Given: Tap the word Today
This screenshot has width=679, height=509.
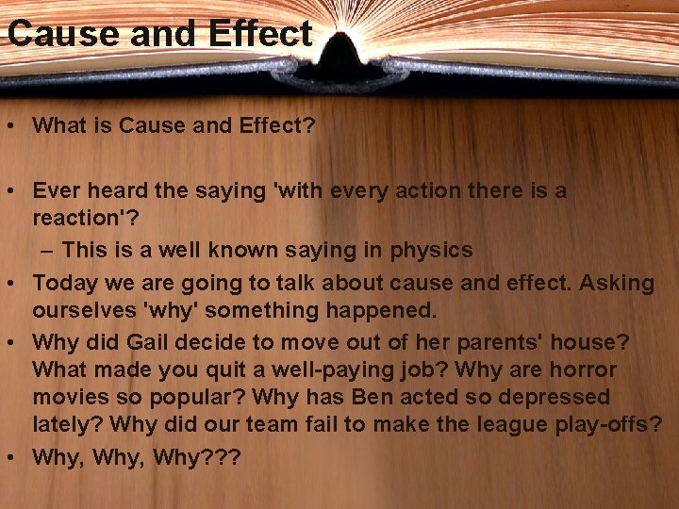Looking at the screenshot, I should coord(62,283).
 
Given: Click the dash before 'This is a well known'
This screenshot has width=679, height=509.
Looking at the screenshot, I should coord(49,250).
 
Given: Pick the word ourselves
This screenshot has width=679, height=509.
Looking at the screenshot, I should coord(82,310).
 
